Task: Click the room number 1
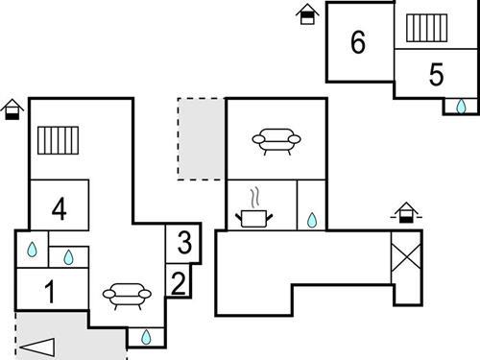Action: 50,291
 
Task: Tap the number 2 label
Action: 178,282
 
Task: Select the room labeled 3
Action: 183,242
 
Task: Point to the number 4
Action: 59,208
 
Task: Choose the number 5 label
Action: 436,74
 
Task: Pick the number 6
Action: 358,42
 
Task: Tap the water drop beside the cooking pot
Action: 311,220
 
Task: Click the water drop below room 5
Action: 461,106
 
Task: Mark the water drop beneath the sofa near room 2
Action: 146,337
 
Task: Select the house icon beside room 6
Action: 307,13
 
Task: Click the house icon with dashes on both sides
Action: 407,212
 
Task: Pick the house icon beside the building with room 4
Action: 12,108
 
